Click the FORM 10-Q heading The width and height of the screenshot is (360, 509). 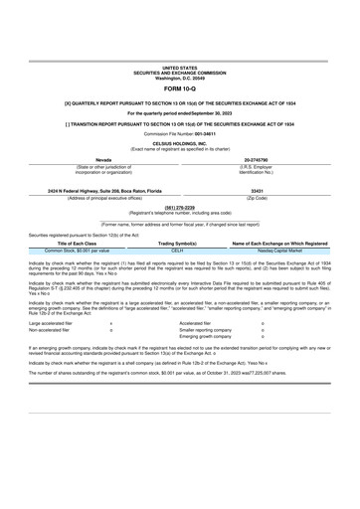(x=180, y=115)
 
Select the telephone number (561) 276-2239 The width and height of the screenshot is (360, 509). (x=180, y=235)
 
